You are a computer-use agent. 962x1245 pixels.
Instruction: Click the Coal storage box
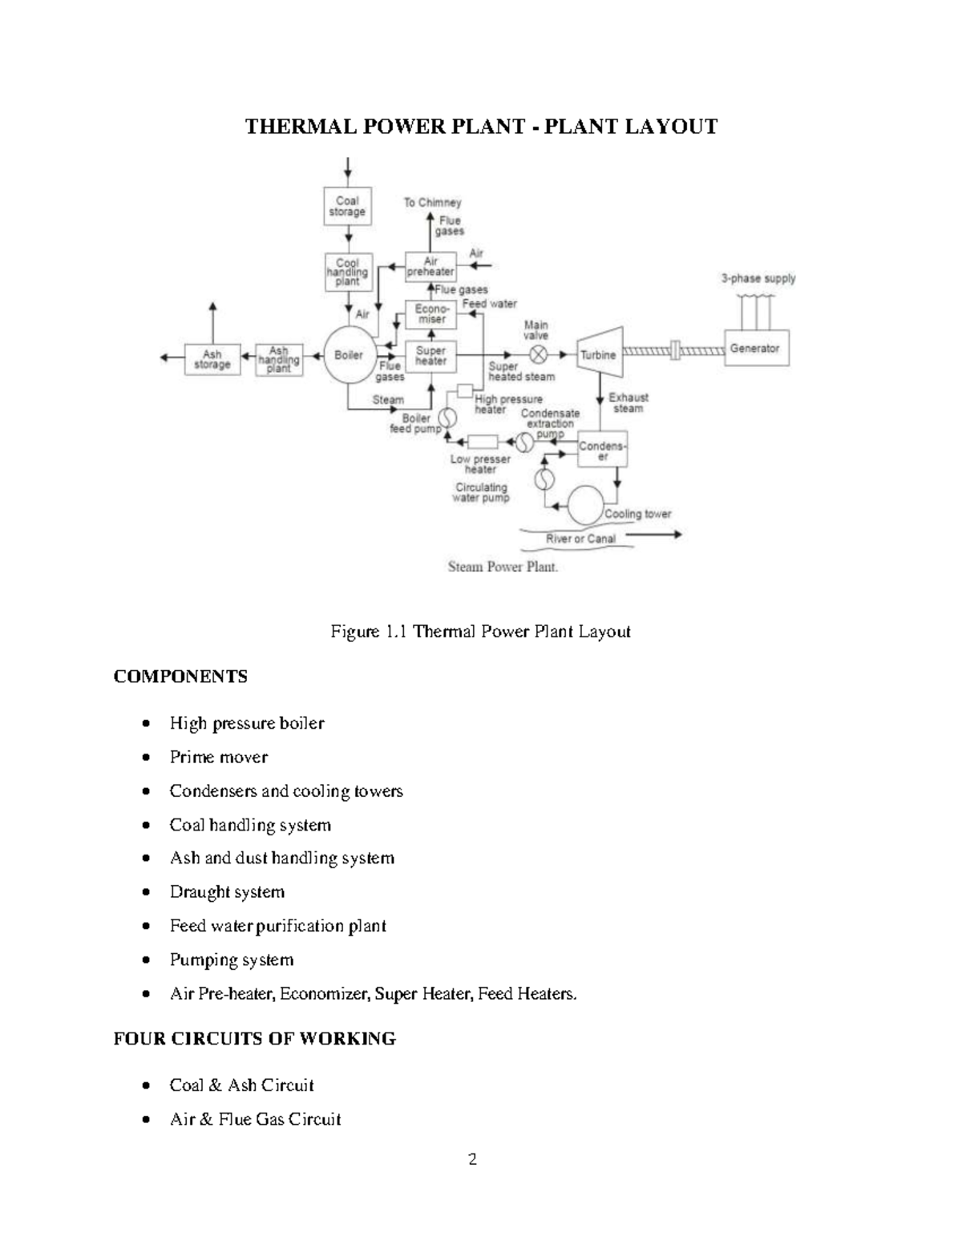(x=347, y=207)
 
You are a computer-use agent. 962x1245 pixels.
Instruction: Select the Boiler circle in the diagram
(x=349, y=355)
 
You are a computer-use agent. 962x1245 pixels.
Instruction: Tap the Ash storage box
(x=212, y=360)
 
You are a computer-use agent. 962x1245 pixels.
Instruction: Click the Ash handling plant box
(x=279, y=360)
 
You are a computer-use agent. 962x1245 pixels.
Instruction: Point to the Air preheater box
(x=430, y=267)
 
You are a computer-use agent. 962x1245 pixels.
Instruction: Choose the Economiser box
(x=431, y=314)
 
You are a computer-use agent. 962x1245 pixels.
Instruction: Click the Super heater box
(x=431, y=356)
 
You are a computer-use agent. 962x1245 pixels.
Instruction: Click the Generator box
(x=755, y=349)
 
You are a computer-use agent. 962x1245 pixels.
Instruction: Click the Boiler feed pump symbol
(x=447, y=418)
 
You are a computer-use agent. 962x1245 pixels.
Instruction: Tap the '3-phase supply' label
(x=758, y=279)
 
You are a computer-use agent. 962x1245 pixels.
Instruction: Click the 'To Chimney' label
(x=432, y=203)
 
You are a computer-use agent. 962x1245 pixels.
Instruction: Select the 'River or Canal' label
(x=580, y=539)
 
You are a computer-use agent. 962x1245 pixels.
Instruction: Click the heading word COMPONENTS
(x=180, y=677)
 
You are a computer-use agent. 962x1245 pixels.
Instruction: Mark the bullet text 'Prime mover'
(x=218, y=758)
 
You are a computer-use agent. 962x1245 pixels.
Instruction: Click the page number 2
(x=472, y=1159)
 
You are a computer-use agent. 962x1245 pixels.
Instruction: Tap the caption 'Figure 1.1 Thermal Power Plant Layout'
(x=480, y=632)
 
